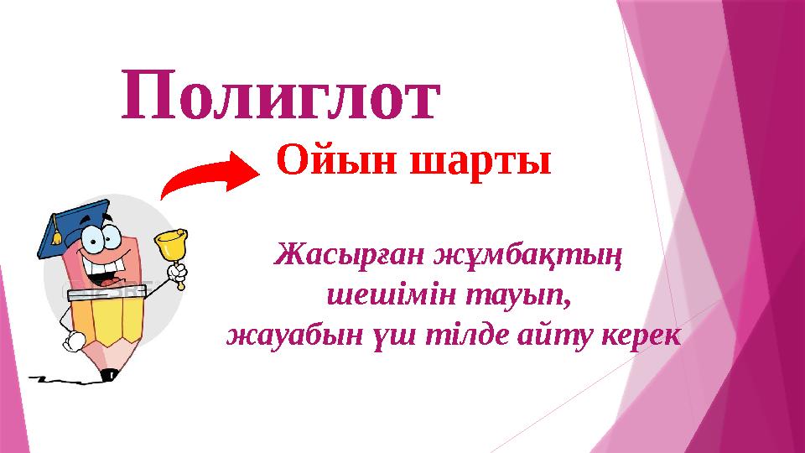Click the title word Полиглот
pyautogui.click(x=280, y=95)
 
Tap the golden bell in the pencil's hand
pyautogui.click(x=171, y=246)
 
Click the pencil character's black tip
pyautogui.click(x=106, y=375)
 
